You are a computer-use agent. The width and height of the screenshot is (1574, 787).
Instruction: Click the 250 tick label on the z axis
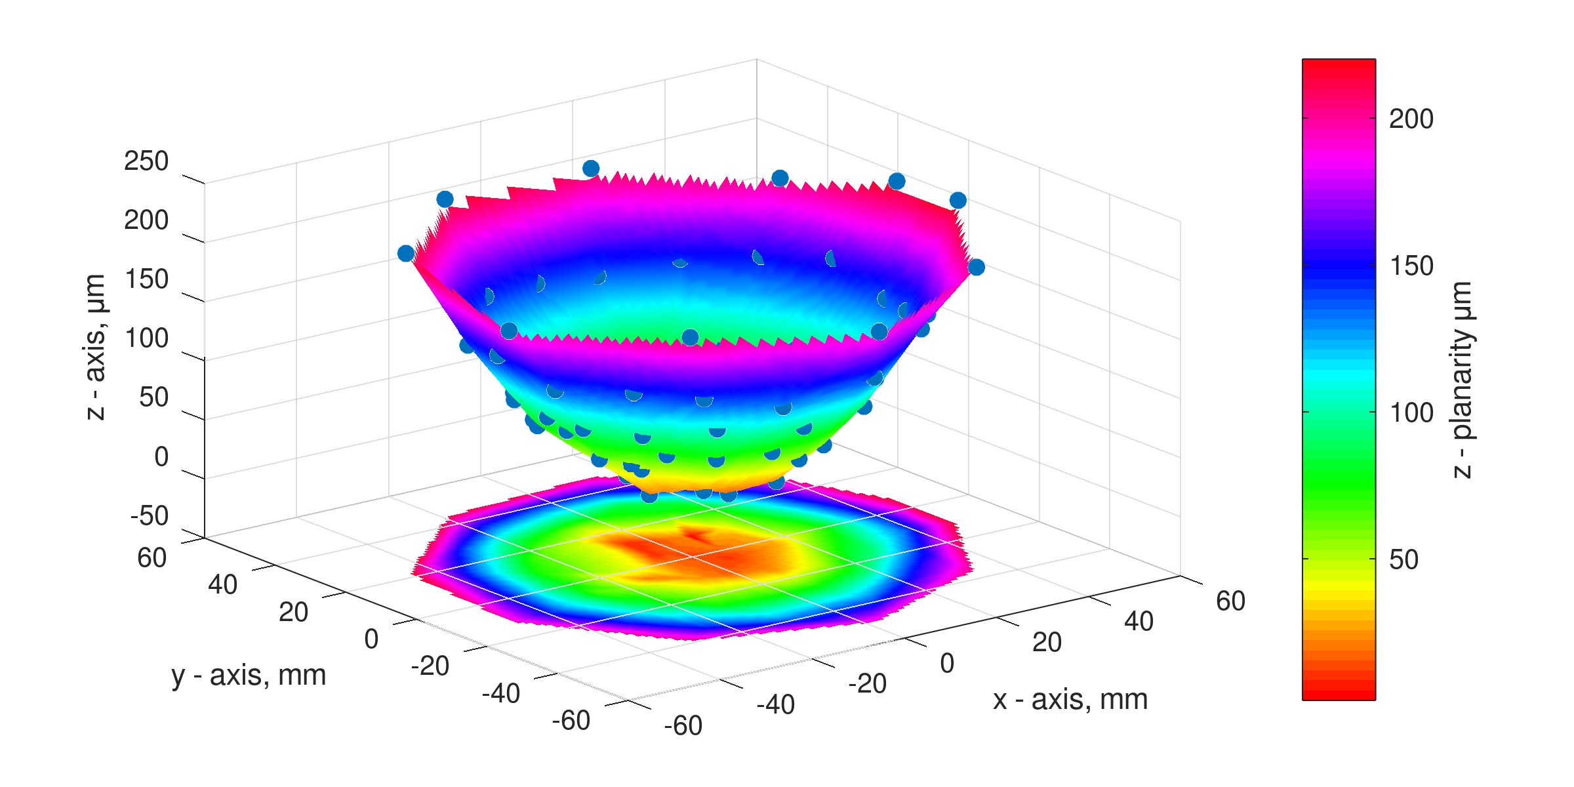pyautogui.click(x=146, y=161)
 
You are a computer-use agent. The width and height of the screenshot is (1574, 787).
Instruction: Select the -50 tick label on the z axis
pyautogui.click(x=150, y=516)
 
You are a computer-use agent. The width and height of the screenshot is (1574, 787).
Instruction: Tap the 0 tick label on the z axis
pyautogui.click(x=161, y=457)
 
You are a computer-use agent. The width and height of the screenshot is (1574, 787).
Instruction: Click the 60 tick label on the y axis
pyautogui.click(x=152, y=558)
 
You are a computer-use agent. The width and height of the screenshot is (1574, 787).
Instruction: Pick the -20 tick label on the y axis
pyautogui.click(x=430, y=666)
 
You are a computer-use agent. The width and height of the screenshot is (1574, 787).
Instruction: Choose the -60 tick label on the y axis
pyautogui.click(x=571, y=721)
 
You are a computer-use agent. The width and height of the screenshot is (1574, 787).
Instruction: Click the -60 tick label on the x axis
pyautogui.click(x=683, y=726)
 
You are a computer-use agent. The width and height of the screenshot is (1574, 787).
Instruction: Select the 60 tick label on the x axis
pyautogui.click(x=1230, y=601)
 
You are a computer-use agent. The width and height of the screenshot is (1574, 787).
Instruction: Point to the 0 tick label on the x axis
pyautogui.click(x=947, y=664)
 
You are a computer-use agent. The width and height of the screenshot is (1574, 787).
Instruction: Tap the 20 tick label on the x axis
pyautogui.click(x=1047, y=643)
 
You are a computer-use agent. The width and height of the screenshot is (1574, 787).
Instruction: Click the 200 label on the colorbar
pyautogui.click(x=1411, y=119)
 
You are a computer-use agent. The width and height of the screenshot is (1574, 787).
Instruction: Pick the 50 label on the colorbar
pyautogui.click(x=1403, y=559)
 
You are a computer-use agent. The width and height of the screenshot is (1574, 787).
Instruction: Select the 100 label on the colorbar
pyautogui.click(x=1411, y=413)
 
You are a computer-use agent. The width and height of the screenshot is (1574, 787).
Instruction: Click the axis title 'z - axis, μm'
pyautogui.click(x=96, y=347)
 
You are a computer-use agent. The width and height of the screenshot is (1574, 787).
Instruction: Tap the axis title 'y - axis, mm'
pyautogui.click(x=249, y=676)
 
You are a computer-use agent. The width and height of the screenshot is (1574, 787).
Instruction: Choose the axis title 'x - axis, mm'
pyautogui.click(x=1070, y=700)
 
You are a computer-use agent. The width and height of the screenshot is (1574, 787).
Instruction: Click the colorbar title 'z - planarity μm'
pyautogui.click(x=1463, y=380)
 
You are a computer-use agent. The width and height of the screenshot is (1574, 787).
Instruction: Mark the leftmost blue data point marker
pyautogui.click(x=406, y=253)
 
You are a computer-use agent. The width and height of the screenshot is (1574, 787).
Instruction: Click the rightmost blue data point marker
pyautogui.click(x=977, y=267)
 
